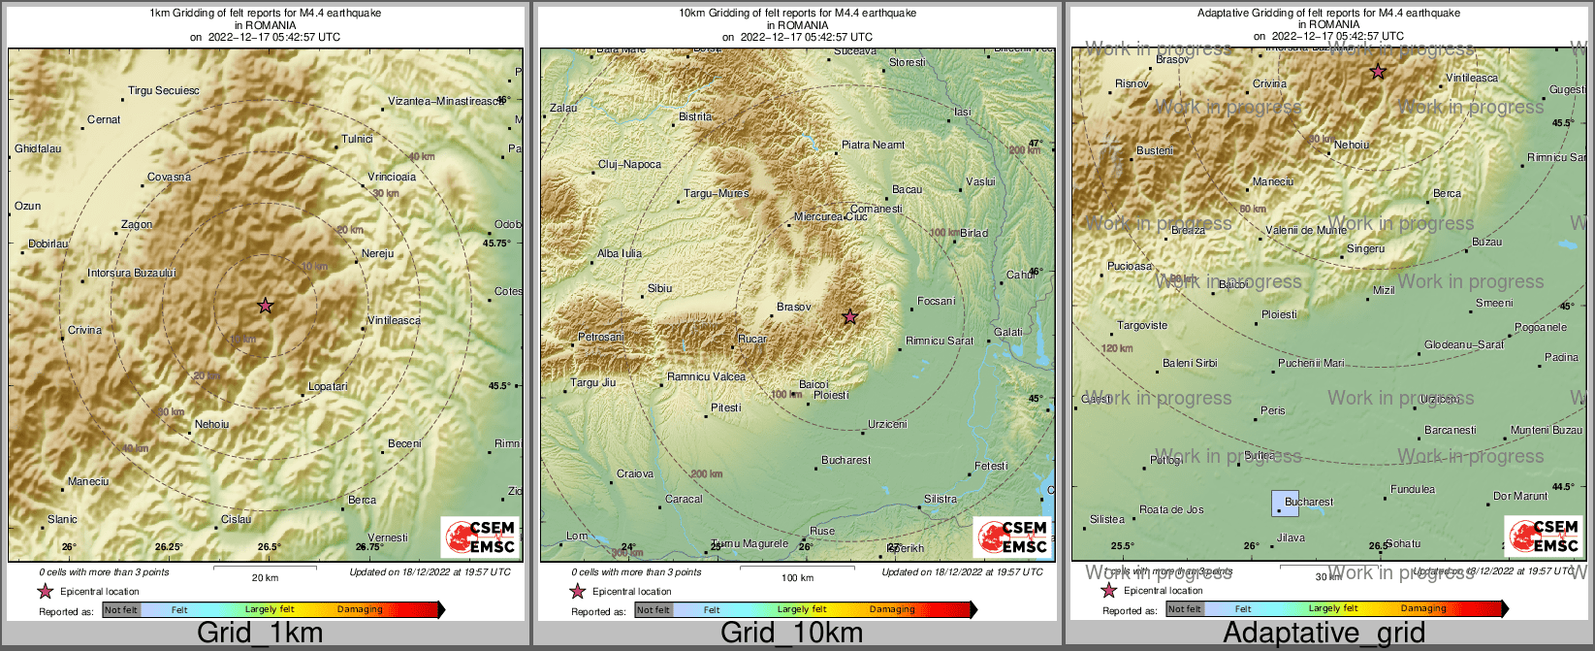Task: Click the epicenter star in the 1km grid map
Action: click(266, 306)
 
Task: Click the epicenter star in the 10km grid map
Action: click(849, 316)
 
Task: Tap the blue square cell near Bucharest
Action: click(1285, 503)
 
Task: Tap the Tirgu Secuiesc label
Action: click(164, 91)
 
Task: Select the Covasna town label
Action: click(169, 178)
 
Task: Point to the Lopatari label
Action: click(328, 387)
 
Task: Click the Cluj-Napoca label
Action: click(629, 165)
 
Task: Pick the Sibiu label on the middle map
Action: click(659, 289)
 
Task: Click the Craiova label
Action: click(635, 474)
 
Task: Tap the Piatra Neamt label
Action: click(873, 146)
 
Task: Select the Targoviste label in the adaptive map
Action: click(1142, 326)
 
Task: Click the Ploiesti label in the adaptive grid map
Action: click(1279, 315)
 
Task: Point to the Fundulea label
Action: click(1413, 490)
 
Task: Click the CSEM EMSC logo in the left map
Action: click(480, 537)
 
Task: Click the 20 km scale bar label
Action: click(265, 577)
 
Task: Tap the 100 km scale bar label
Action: click(797, 577)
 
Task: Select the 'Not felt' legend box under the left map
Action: click(121, 610)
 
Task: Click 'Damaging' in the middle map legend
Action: click(892, 610)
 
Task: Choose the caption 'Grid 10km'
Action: click(791, 634)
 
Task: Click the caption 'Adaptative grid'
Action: click(1324, 634)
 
